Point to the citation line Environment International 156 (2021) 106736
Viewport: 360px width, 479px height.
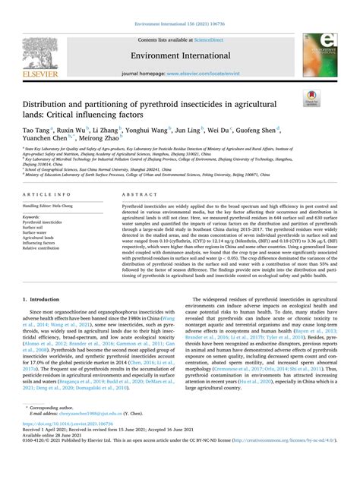[180, 5]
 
